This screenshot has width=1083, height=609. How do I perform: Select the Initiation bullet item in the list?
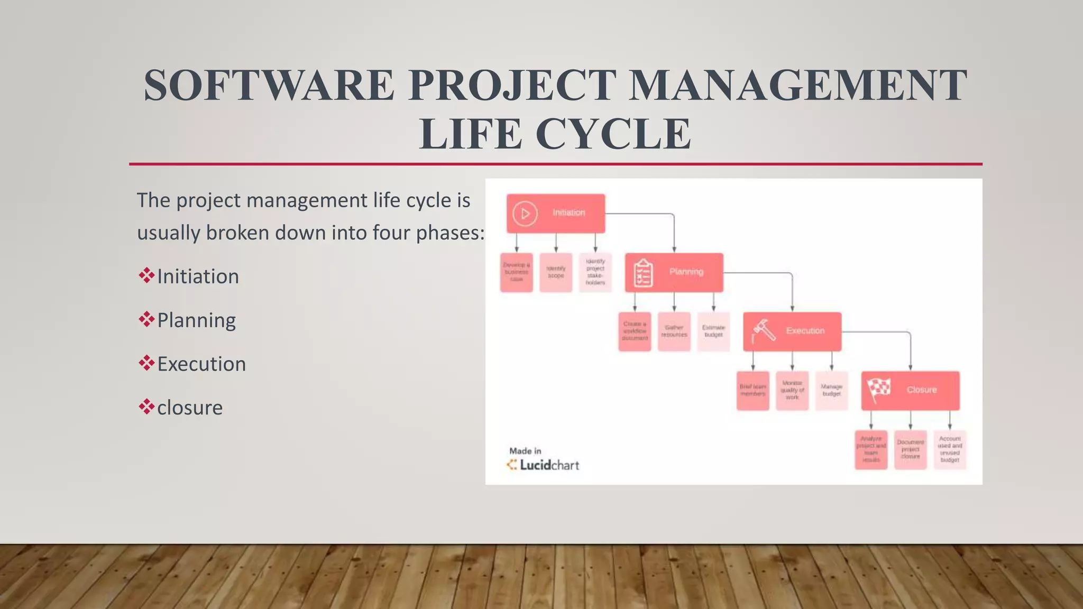coord(198,276)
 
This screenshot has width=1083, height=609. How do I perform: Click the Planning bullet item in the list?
coord(196,320)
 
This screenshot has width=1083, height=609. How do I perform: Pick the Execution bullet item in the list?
coord(201,364)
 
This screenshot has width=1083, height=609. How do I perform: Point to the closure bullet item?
coord(189,408)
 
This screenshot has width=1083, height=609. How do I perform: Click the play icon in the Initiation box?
coord(525,214)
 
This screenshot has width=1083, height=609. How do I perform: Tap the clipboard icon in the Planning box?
coord(643,273)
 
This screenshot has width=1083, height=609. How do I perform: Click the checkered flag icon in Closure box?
coord(879,390)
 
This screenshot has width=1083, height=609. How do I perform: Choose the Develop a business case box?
coord(516,272)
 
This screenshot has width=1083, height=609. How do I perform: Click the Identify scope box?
coord(556,272)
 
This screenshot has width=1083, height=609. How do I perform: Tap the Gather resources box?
coord(674,331)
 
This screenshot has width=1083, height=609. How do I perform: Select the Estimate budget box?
coord(713,331)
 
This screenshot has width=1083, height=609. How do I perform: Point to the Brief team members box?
coord(752,391)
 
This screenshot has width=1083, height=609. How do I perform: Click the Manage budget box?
coord(831,391)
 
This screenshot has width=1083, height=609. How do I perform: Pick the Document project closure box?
coord(910,450)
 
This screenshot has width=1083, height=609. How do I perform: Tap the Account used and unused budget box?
coord(950,450)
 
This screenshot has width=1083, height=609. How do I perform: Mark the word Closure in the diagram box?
coord(921,390)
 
